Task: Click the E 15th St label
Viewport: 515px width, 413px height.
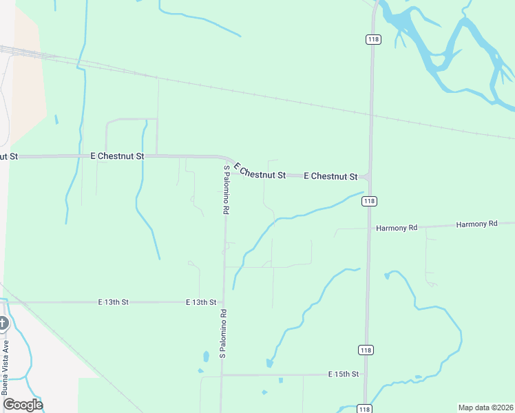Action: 344,374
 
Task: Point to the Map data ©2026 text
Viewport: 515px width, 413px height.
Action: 486,407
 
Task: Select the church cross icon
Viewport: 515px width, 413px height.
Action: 3,322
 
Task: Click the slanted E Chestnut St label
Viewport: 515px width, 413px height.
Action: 259,171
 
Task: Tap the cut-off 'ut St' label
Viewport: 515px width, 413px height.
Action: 8,156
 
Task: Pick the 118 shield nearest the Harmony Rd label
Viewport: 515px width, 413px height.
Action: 370,201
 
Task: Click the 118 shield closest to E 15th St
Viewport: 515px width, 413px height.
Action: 366,350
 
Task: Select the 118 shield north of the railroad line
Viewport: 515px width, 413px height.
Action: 373,40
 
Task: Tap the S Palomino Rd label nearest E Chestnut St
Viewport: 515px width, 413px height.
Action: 225,190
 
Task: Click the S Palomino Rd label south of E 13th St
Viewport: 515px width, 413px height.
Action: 223,333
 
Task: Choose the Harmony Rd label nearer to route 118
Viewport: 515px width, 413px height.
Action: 397,227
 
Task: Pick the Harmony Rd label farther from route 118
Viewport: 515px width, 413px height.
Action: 476,224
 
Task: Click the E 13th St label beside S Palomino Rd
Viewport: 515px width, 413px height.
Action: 201,302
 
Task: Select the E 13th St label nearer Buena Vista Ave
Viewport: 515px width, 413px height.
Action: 114,302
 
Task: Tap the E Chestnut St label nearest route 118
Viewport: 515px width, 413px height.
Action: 330,176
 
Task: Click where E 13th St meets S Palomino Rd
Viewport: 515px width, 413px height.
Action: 222,302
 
